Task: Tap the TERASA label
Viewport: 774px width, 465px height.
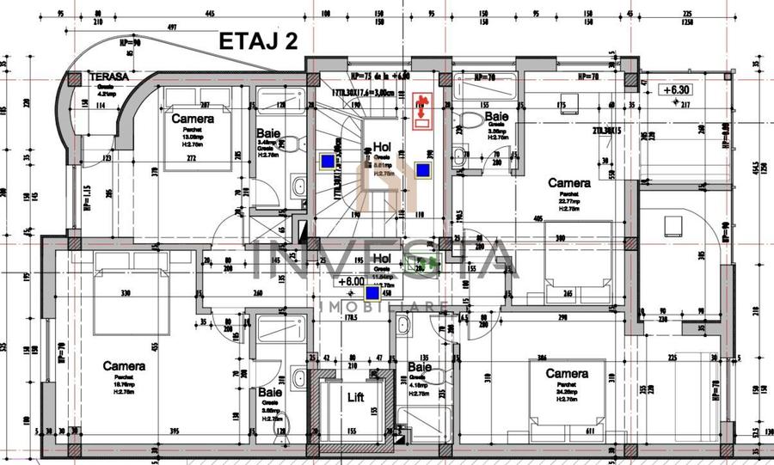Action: tap(109, 76)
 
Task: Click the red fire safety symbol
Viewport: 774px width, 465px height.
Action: tap(421, 109)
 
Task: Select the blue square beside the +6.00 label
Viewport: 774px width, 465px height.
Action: tap(373, 292)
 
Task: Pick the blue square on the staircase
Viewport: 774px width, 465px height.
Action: tap(328, 161)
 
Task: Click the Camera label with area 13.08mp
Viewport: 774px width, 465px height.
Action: tap(193, 119)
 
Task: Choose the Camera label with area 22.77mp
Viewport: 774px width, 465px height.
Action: tap(568, 183)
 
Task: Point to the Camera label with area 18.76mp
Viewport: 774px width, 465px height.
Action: tap(124, 366)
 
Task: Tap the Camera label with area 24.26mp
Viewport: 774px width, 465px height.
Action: tap(567, 374)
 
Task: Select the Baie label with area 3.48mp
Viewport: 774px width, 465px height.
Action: tap(267, 134)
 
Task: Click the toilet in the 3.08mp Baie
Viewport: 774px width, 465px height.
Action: tap(470, 120)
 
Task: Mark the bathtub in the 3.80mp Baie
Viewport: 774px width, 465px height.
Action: tap(279, 329)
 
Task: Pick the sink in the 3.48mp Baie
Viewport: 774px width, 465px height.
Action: tap(299, 186)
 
